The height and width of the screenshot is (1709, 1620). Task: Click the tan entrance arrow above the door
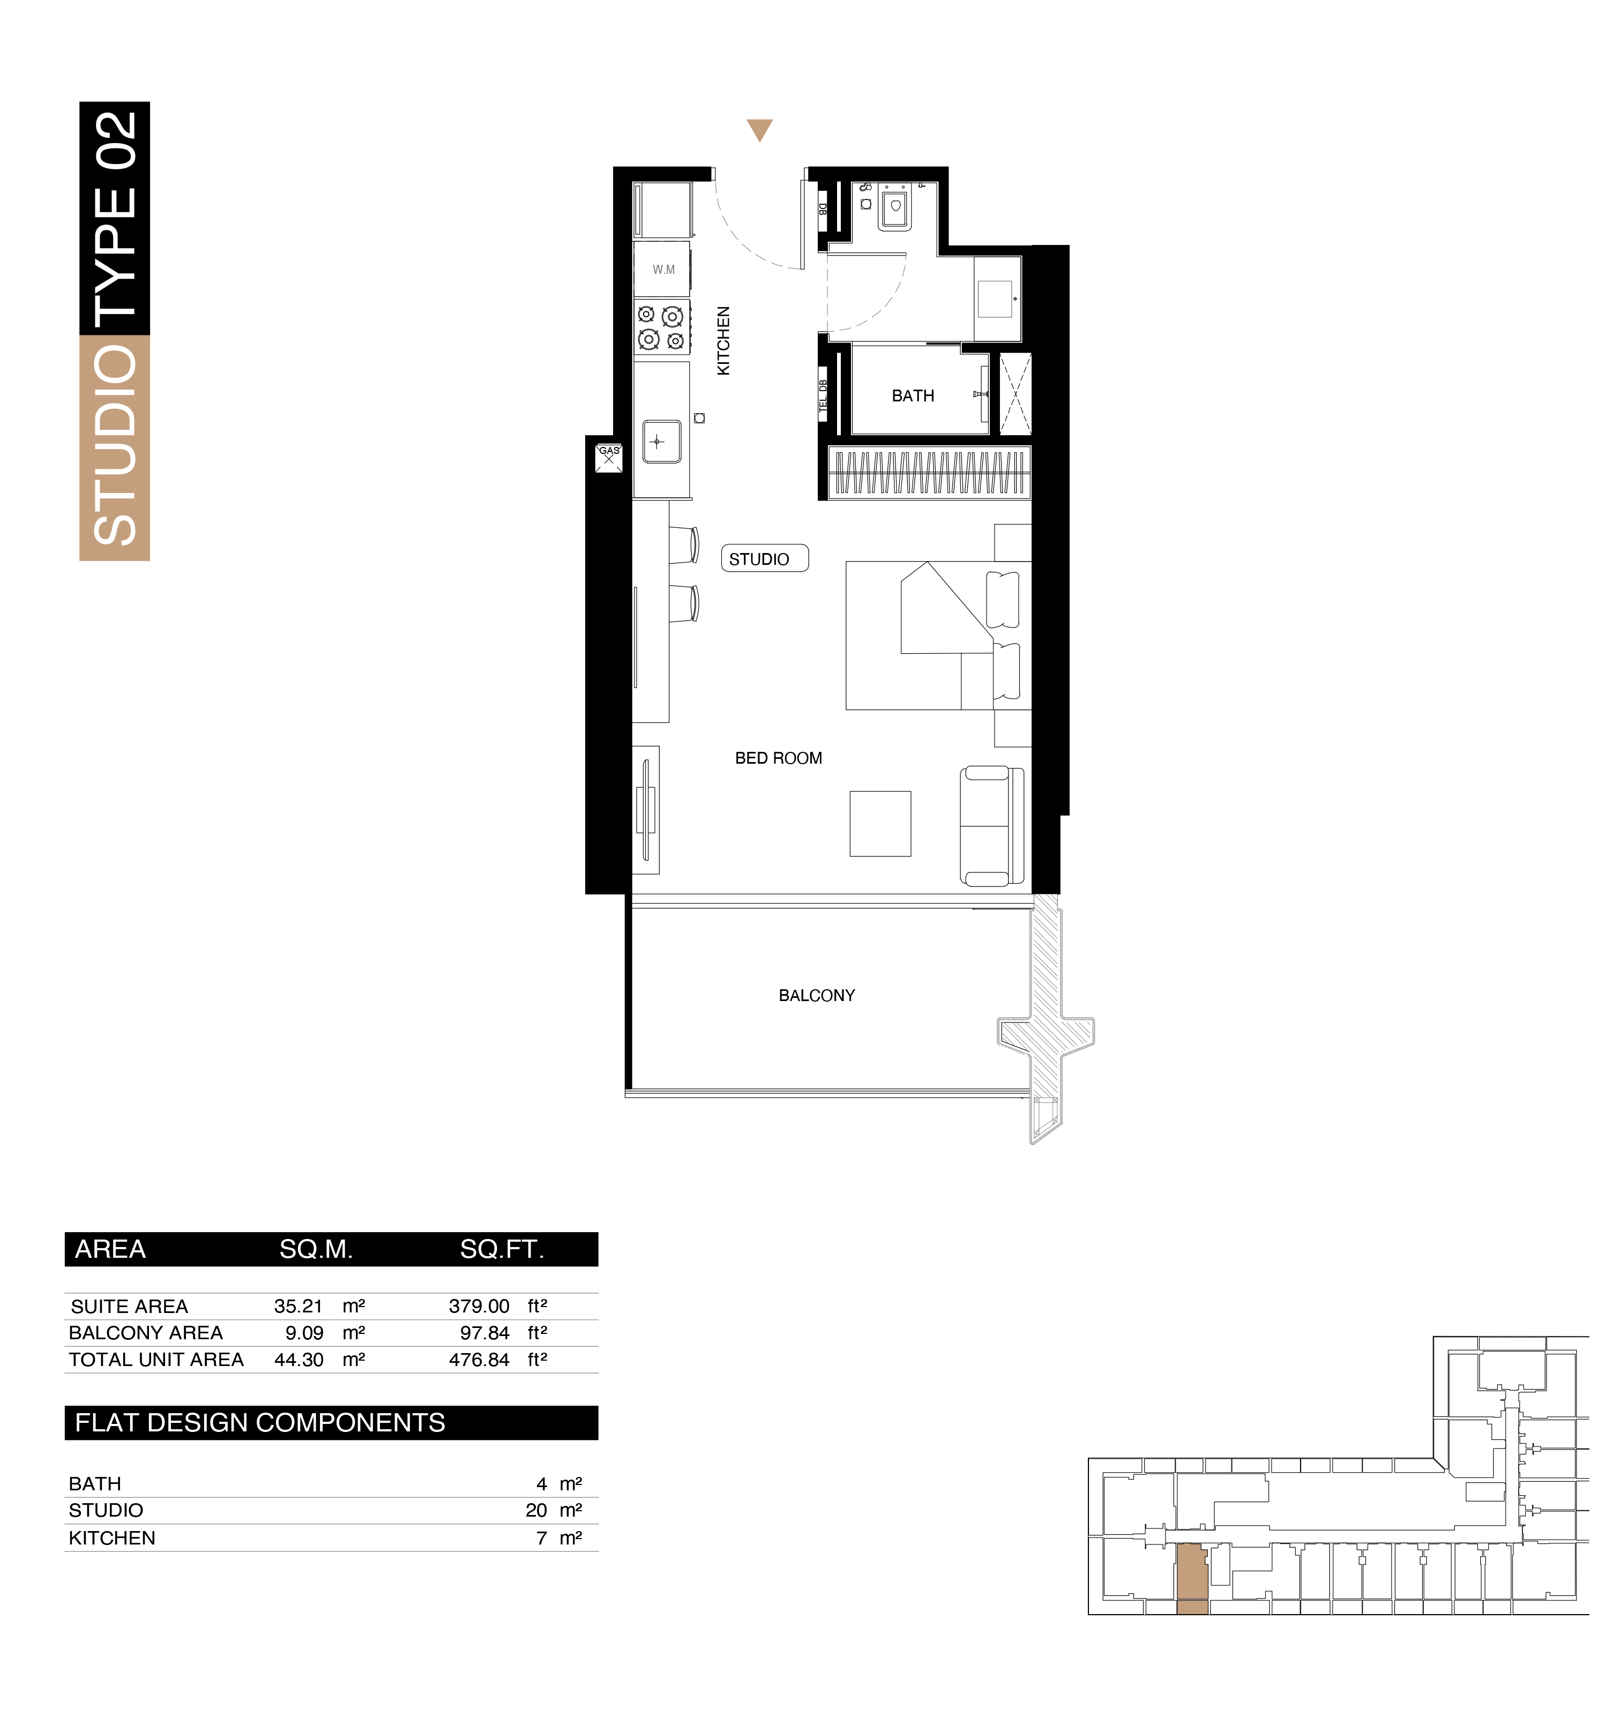tap(759, 130)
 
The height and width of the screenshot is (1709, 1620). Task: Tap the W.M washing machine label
tap(663, 270)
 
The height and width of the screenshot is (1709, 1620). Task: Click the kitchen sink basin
tap(661, 441)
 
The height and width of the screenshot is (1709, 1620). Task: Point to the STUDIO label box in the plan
tap(764, 559)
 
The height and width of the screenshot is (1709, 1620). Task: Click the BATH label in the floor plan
tap(913, 395)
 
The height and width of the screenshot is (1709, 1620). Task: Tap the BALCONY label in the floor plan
tap(816, 996)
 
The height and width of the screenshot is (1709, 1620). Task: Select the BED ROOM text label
tap(778, 758)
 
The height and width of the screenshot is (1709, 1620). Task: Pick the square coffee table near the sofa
tap(880, 824)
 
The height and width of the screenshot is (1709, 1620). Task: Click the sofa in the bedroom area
tap(991, 826)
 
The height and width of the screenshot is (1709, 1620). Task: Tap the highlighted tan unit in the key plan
tap(1192, 1579)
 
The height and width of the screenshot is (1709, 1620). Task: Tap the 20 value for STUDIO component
tap(536, 1510)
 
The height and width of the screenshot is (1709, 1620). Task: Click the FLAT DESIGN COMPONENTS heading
tap(260, 1422)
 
